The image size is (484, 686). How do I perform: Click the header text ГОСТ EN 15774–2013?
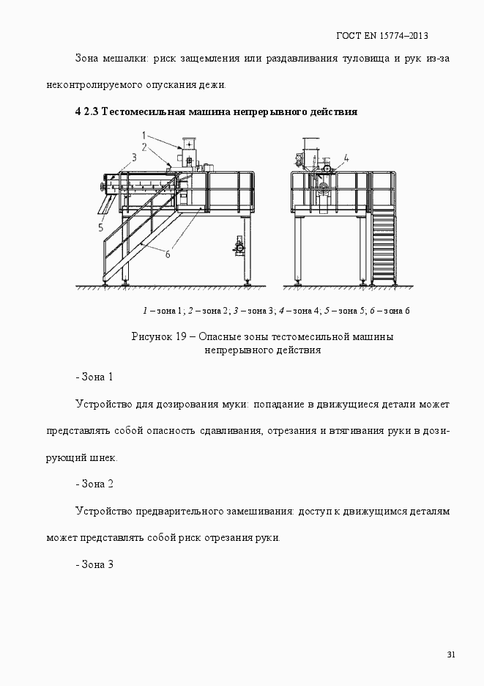(x=381, y=35)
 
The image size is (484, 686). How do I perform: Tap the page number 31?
(x=450, y=654)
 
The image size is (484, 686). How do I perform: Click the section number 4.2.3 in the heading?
(x=86, y=112)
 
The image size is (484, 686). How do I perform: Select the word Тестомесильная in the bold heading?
(x=141, y=112)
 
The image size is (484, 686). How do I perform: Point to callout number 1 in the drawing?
(x=144, y=135)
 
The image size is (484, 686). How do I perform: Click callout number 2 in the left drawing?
(x=144, y=147)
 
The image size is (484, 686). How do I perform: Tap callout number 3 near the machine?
(x=135, y=157)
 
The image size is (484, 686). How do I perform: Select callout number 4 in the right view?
(x=346, y=158)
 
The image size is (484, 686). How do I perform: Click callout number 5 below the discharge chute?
(x=100, y=228)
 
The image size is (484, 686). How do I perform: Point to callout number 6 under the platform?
(x=167, y=254)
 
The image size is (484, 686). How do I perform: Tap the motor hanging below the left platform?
(x=239, y=248)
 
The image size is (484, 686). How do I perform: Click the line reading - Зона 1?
(x=94, y=377)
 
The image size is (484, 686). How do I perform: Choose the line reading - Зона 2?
(x=94, y=484)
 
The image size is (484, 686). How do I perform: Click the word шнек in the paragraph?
(x=102, y=457)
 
